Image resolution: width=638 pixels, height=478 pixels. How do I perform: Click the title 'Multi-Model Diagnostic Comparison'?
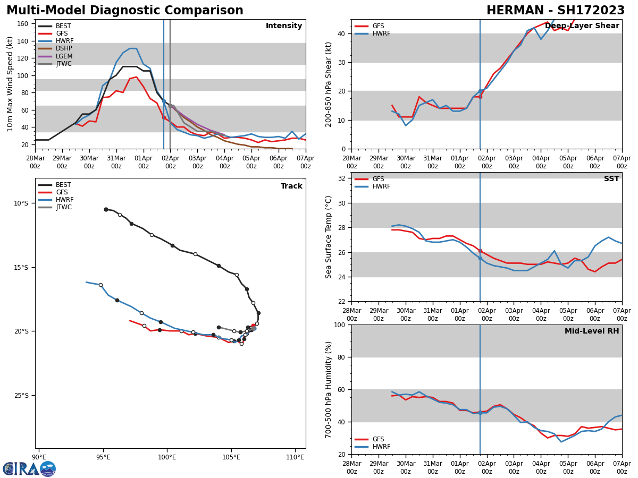[x=125, y=11]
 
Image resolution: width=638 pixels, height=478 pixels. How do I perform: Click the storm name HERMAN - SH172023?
[x=556, y=11]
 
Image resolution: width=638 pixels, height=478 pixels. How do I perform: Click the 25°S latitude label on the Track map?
[x=21, y=396]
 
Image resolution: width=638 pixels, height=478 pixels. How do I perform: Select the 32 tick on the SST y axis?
[x=342, y=178]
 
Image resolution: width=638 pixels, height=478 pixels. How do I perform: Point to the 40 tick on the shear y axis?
[x=342, y=34]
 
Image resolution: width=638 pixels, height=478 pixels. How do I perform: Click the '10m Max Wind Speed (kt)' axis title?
[x=10, y=84]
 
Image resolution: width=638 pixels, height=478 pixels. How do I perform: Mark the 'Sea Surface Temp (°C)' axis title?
[x=329, y=237]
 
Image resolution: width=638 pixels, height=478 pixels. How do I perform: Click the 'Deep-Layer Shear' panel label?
[x=582, y=26]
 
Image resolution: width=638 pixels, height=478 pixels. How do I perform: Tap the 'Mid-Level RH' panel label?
[x=591, y=331]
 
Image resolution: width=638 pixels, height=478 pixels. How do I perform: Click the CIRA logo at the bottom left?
[x=29, y=469]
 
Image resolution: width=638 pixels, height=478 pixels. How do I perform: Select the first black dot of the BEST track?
[x=106, y=209]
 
